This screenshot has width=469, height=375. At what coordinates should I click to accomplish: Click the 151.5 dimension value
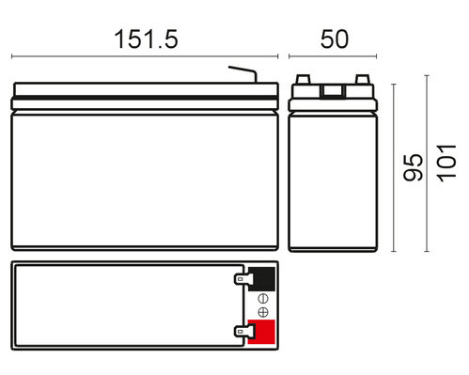click(146, 39)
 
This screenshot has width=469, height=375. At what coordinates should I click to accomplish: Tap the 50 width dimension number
click(335, 39)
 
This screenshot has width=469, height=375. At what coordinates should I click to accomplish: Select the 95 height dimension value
click(413, 167)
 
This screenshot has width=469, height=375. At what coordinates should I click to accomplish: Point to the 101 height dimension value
click(446, 164)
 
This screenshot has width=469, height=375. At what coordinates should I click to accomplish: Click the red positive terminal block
click(261, 332)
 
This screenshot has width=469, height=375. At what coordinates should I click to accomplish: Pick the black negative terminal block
click(261, 279)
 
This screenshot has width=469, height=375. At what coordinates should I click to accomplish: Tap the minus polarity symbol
click(263, 299)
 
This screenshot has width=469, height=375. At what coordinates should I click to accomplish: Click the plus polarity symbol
click(263, 312)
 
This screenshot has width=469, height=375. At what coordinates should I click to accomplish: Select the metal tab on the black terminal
click(243, 278)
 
